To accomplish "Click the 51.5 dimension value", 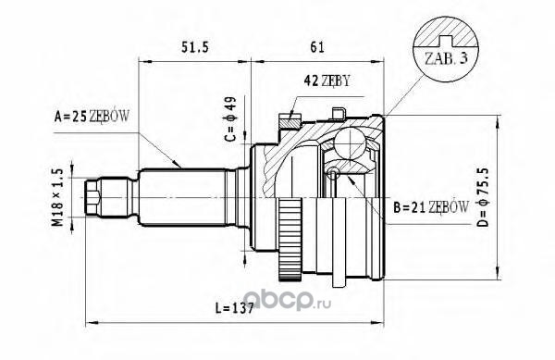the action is coord(196,47).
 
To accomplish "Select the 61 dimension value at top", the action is coord(316,47).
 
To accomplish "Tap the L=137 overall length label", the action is coord(235,309).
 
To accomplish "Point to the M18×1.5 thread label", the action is coord(57,197).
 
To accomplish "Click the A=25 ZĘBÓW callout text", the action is coord(92,116).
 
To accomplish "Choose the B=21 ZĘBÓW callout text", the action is coord(431,208).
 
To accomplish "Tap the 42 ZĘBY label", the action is coord(327,81).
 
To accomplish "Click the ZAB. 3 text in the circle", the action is coord(446,58).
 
